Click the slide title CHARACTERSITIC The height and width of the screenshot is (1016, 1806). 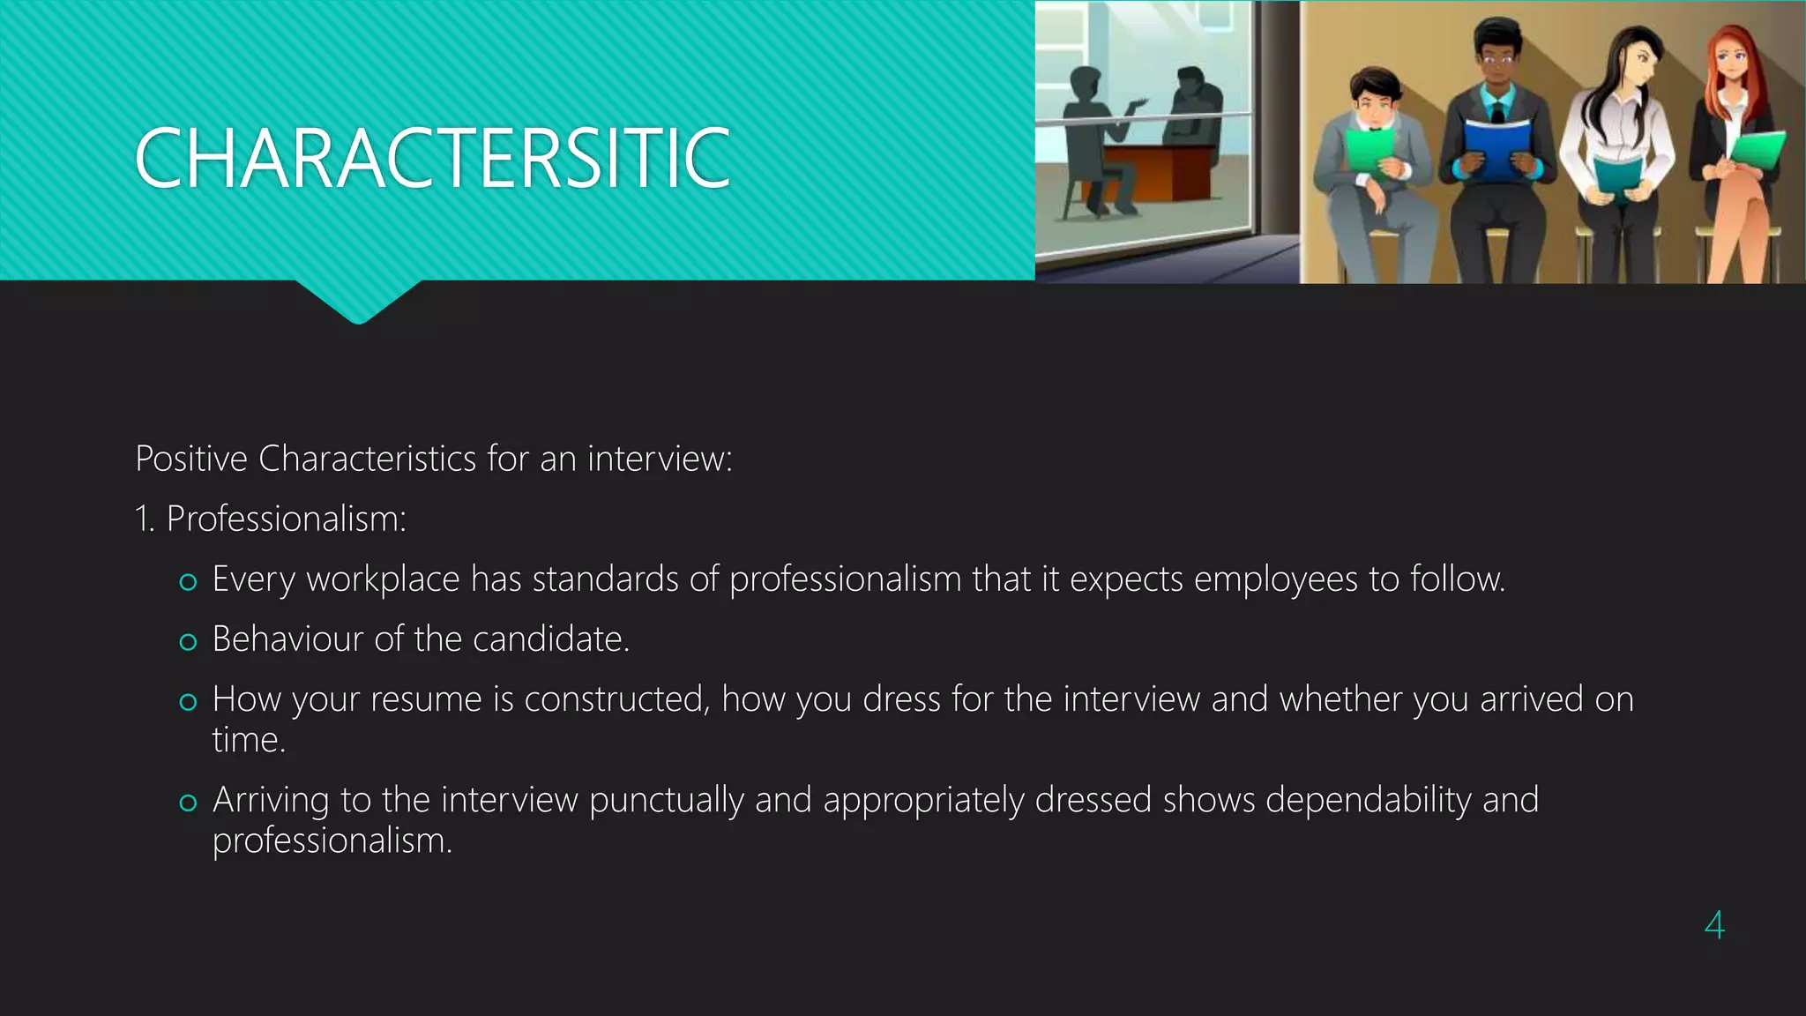(x=432, y=159)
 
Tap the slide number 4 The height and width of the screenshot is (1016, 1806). (x=1714, y=925)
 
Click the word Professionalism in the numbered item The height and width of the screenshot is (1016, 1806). (x=285, y=519)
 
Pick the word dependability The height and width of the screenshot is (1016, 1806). (x=1368, y=800)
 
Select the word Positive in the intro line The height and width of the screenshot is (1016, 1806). (x=191, y=459)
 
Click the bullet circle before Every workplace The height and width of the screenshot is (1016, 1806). (x=188, y=582)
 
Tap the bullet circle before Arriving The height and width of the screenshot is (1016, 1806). (x=188, y=803)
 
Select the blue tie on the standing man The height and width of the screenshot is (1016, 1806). (x=1496, y=111)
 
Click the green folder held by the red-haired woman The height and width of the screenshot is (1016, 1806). (x=1757, y=150)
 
